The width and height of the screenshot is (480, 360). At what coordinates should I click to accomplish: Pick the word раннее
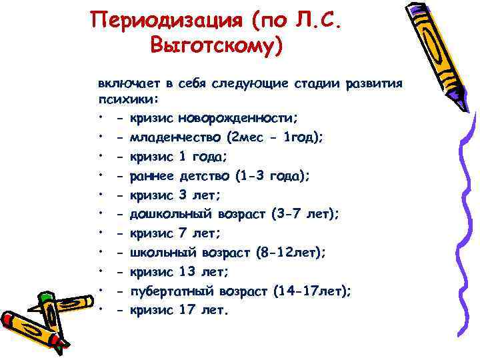click(152, 176)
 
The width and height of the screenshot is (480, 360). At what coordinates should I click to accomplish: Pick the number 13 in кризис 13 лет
click(190, 272)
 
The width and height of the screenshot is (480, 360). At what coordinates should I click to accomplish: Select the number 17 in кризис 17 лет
click(190, 310)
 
